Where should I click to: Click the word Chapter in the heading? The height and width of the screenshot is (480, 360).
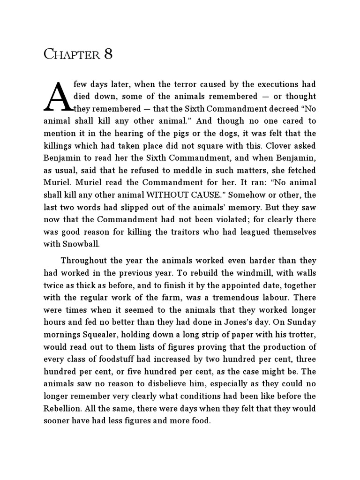pos(71,54)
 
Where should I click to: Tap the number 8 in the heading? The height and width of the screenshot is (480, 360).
pos(108,54)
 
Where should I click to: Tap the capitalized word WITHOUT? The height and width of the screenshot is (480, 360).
pos(177,194)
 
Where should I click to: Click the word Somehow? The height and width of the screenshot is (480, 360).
pos(252,194)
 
